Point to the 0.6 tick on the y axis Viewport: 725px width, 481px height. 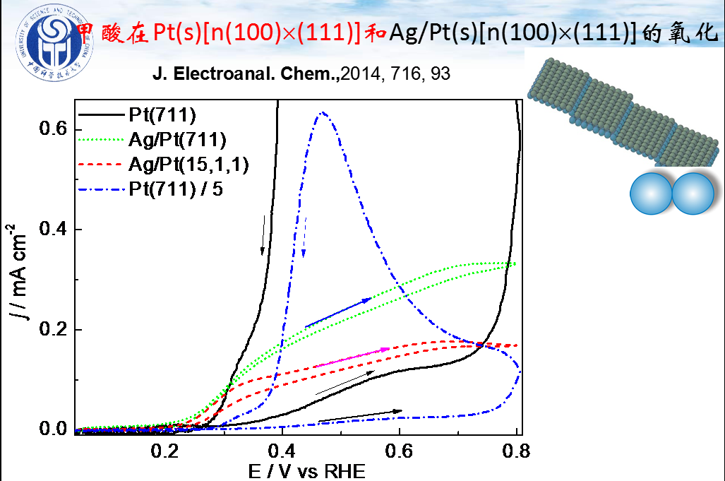point(52,129)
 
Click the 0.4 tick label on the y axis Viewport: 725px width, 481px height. point(52,230)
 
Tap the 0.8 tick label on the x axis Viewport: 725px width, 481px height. point(516,451)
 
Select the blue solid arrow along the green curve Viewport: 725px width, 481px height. point(338,313)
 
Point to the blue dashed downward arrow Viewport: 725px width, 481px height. point(305,237)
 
